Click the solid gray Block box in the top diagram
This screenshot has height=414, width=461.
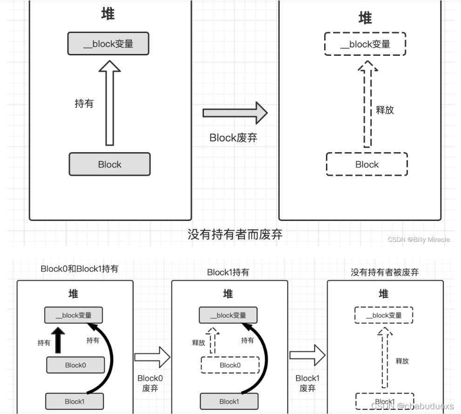coord(109,164)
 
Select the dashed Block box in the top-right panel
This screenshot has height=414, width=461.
coord(367,164)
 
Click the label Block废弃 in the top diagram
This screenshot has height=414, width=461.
coord(233,138)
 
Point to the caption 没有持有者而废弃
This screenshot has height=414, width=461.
coord(235,234)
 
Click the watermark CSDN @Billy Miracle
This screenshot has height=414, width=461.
coord(419,240)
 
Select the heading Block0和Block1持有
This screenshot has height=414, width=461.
coord(79,269)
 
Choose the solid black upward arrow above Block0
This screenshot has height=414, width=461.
coord(58,341)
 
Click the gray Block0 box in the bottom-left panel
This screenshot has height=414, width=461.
coord(75,365)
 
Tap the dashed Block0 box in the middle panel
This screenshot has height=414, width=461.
coord(230,365)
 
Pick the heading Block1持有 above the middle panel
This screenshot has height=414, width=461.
coord(228,272)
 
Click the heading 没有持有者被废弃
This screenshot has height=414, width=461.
coord(385,272)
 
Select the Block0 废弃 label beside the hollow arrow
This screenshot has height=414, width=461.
coord(150,383)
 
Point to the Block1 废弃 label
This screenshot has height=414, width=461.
coord(307,383)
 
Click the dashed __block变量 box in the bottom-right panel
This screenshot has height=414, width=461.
coord(384,315)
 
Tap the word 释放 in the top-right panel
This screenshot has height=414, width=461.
coord(385,110)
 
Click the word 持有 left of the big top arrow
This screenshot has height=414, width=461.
coord(84,103)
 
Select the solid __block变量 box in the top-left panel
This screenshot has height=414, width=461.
coord(108,44)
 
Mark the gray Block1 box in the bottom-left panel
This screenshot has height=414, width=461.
coord(75,401)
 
